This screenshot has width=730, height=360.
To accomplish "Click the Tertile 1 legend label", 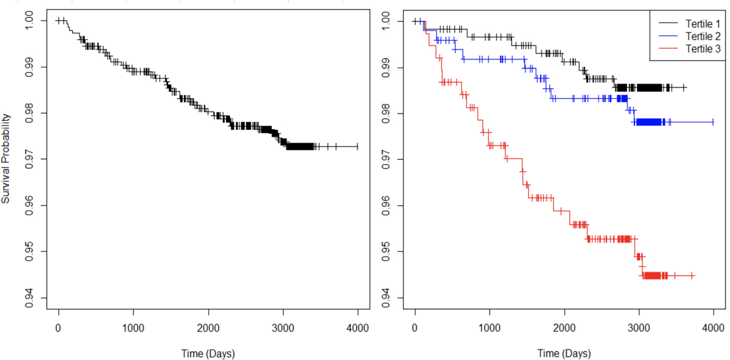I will point(702,24).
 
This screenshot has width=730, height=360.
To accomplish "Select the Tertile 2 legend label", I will point(702,36).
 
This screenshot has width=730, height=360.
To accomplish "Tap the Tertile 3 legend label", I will point(702,49).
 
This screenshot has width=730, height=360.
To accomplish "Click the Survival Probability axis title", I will point(5,158).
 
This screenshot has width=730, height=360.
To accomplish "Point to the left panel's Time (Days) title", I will point(208,354).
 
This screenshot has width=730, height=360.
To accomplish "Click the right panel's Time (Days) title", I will point(564,354).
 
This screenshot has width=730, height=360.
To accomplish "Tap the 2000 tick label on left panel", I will point(208,328).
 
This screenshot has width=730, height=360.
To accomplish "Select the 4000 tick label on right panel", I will point(713,328).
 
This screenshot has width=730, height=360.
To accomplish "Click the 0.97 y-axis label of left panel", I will point(29,159).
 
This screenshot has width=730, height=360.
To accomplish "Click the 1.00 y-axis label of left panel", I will point(29,20).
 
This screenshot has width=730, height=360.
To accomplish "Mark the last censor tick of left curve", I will point(357,146).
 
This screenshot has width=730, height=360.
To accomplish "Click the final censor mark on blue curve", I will point(713,122).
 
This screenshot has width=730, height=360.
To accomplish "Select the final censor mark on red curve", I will point(692,276).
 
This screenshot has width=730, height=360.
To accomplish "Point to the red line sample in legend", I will point(668,49).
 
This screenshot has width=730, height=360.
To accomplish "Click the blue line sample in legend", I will point(668,36).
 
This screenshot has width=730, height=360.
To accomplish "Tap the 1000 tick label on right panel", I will point(489,328).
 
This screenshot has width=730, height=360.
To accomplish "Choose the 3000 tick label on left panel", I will point(283,328).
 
